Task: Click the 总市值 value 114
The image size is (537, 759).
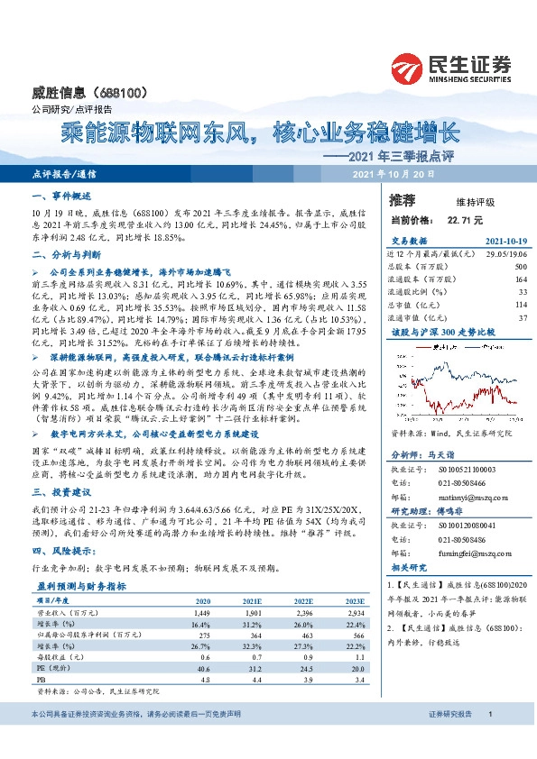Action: click(520, 305)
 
